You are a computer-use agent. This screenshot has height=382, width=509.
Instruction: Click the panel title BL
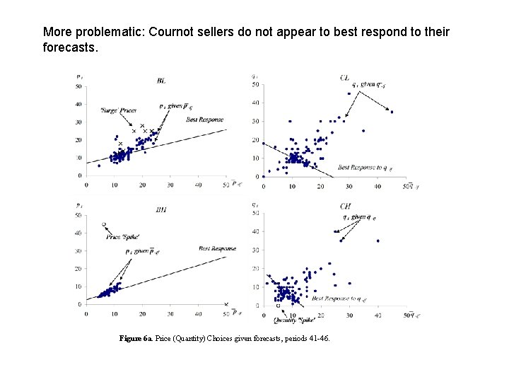point(161,81)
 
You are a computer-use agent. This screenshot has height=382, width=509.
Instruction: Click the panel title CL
point(344,77)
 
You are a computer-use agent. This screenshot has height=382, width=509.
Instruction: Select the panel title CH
point(346,206)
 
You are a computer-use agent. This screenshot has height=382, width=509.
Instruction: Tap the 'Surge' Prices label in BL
point(119,110)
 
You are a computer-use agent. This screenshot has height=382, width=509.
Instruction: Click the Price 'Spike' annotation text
point(122,236)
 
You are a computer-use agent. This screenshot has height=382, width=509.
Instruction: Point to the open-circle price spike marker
point(104,224)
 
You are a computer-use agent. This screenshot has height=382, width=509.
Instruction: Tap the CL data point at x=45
point(392,111)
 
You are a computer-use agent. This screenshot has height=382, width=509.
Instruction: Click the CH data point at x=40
point(378,241)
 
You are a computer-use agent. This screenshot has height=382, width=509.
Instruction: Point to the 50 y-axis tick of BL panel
point(79,86)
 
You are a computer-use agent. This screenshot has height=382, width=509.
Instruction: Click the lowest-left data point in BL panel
point(99,166)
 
